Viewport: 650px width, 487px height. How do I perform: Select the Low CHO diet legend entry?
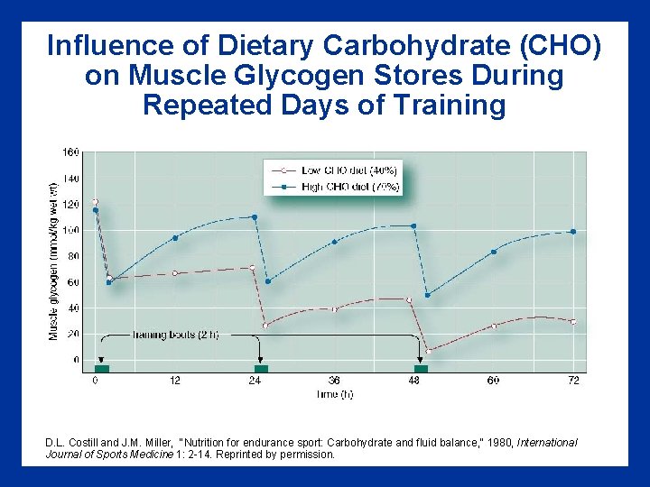pyautogui.click(x=343, y=170)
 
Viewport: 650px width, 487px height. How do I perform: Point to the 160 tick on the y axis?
pyautogui.click(x=70, y=152)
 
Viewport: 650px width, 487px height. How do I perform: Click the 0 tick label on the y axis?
pyautogui.click(x=76, y=360)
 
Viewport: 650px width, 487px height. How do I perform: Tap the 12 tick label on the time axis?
pyautogui.click(x=174, y=381)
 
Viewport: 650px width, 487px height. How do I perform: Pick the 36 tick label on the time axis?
pyautogui.click(x=334, y=381)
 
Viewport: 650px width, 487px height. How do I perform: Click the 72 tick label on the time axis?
pyautogui.click(x=573, y=381)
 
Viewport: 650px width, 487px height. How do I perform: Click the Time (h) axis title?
pyautogui.click(x=334, y=394)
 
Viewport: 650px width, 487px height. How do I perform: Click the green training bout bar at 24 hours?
pyautogui.click(x=261, y=368)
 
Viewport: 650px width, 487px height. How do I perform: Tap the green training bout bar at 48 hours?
pyautogui.click(x=421, y=368)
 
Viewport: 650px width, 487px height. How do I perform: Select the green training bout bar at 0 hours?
pyautogui.click(x=101, y=368)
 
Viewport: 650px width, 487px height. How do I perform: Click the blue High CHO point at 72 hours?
pyautogui.click(x=572, y=232)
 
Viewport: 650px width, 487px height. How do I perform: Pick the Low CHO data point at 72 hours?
pyautogui.click(x=572, y=322)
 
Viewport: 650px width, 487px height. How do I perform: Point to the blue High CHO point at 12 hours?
pyautogui.click(x=175, y=237)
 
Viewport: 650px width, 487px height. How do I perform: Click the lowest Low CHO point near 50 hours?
pyautogui.click(x=429, y=350)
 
